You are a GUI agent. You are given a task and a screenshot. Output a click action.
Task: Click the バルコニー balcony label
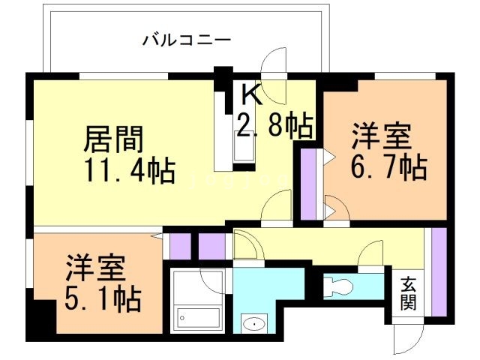click(186, 39)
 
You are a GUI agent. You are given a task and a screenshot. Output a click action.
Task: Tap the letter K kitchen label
click(252, 94)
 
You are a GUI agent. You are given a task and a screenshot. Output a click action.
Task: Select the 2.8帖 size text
click(274, 125)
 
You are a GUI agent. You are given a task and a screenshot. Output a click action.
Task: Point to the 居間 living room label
click(113, 139)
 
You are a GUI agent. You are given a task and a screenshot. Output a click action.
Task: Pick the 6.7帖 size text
click(389, 166)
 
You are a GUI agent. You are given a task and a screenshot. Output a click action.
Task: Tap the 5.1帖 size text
click(103, 300)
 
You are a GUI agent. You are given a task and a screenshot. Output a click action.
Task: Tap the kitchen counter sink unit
click(244, 142)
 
